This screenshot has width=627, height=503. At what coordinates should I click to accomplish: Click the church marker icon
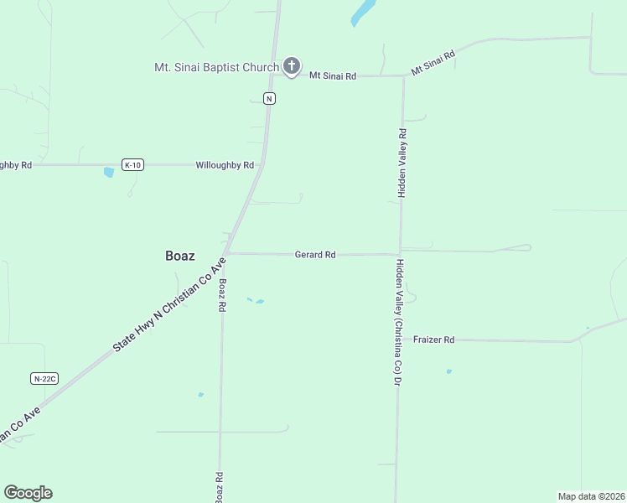click(291, 66)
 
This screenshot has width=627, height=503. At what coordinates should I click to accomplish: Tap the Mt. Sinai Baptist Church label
click(215, 67)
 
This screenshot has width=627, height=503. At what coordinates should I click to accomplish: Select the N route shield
click(268, 98)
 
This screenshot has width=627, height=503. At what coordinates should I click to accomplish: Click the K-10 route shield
click(132, 165)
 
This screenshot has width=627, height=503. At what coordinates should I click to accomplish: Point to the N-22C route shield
click(44, 379)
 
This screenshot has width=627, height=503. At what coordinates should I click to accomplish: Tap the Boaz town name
click(180, 257)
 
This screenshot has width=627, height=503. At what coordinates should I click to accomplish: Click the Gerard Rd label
click(315, 254)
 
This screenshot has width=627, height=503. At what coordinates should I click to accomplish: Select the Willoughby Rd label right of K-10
click(225, 165)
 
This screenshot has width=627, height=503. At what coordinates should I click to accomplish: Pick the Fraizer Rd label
click(433, 340)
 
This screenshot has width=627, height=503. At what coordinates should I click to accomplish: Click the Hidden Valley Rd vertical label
click(402, 163)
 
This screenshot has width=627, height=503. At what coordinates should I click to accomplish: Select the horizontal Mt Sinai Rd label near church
click(333, 75)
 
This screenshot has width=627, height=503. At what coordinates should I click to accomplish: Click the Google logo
click(28, 493)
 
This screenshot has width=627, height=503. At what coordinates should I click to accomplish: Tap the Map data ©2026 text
click(591, 496)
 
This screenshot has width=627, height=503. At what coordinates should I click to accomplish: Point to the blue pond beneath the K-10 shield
click(108, 173)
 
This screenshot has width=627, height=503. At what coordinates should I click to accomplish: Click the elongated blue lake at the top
click(363, 13)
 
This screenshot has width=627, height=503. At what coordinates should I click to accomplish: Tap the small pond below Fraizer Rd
click(448, 371)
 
